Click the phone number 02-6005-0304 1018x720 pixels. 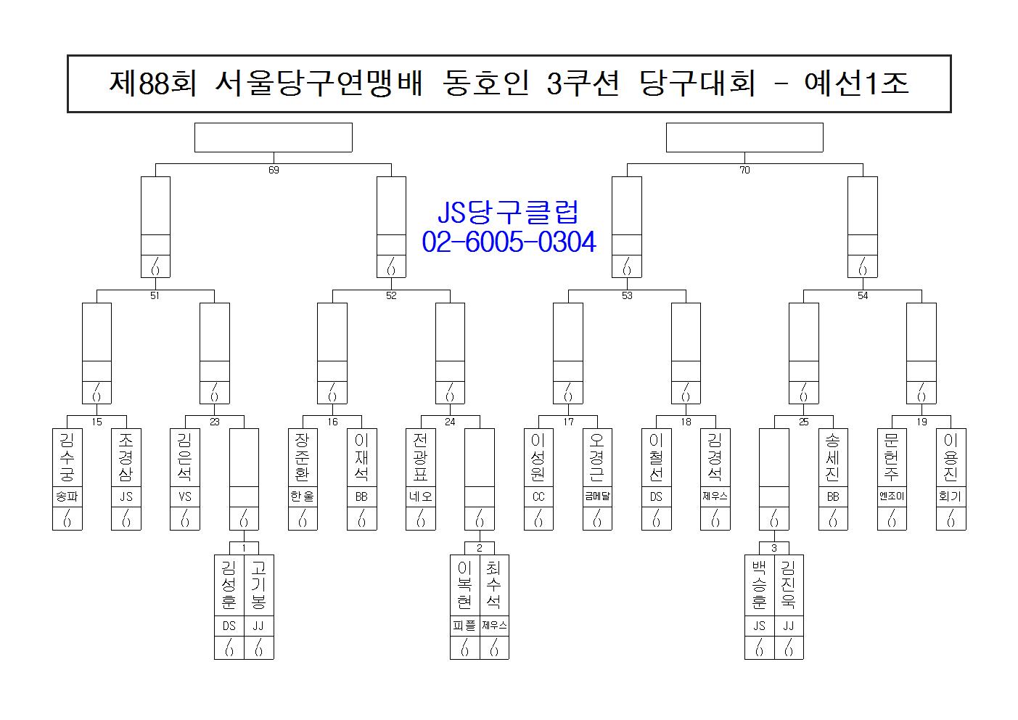(509, 242)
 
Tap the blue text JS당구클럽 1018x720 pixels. (508, 212)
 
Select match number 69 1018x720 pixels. (274, 170)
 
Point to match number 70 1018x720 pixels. (744, 170)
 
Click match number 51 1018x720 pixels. (155, 296)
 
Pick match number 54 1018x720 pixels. (863, 296)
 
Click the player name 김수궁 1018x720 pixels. (67, 457)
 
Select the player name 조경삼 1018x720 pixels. (126, 457)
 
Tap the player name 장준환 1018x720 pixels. (303, 457)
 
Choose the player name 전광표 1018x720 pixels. (420, 457)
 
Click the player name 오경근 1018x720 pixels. (597, 457)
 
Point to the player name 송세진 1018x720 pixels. (832, 457)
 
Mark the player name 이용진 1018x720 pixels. (951, 457)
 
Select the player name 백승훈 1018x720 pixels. (759, 585)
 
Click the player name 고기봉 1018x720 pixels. (258, 585)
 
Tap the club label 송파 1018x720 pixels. (67, 496)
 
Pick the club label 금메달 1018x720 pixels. (597, 496)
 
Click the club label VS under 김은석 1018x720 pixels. (185, 496)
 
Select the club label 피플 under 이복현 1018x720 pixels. (464, 626)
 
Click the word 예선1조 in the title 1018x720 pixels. (856, 83)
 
